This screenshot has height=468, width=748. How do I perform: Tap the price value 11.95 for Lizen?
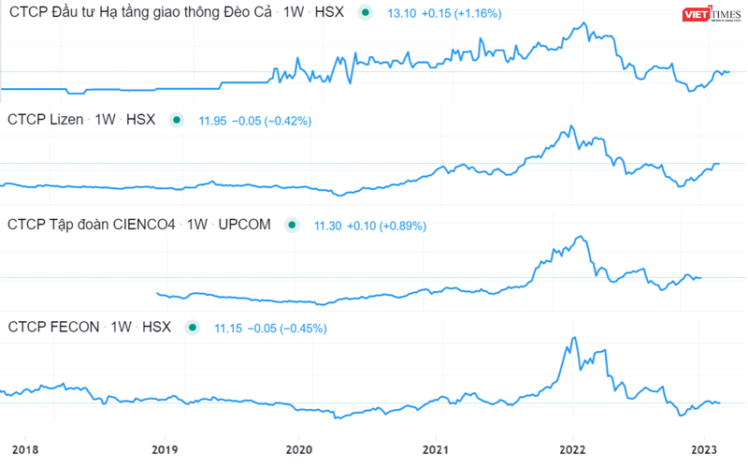(214, 121)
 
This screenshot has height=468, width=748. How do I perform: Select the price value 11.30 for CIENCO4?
(329, 226)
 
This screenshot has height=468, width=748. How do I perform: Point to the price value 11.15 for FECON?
(230, 328)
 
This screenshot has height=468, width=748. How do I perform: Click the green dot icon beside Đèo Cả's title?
(365, 14)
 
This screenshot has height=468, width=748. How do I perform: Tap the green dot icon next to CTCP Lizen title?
(176, 120)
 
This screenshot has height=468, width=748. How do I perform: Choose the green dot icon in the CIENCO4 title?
(292, 225)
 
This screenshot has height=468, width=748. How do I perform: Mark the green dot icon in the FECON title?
(193, 328)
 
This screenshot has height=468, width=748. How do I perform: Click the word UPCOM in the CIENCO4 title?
(245, 225)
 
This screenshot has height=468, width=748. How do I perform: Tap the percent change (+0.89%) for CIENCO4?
(400, 226)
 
